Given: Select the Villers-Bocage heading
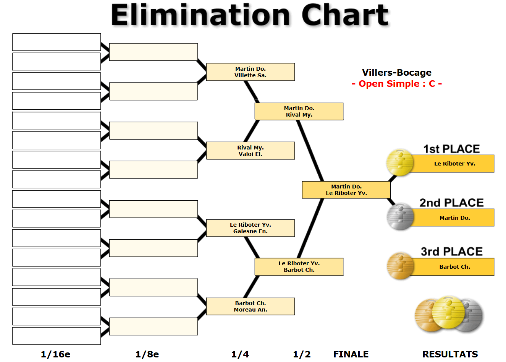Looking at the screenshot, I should coord(397,73).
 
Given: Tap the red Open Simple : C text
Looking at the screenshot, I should coord(397,84).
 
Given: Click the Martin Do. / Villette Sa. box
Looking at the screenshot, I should coord(251,72).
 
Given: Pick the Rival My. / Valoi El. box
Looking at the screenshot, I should coord(251,151).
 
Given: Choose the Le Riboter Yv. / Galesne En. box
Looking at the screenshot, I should coord(251,228).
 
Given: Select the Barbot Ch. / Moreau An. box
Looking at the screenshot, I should coord(251,306).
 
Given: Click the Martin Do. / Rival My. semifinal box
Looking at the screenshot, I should coord(299,111).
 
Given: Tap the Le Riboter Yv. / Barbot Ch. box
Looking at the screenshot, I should coord(299,266).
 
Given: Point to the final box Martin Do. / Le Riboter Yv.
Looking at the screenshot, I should coord(346,190).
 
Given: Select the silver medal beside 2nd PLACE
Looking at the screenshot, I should coord(400,217).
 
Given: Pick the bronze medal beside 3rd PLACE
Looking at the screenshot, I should coord(400,266).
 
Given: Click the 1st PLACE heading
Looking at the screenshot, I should coord(451,149).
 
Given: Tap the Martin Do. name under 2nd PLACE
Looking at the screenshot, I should coord(454,218).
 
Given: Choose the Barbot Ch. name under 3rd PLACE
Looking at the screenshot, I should coord(454,267).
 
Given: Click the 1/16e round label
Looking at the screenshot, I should coord(55,354).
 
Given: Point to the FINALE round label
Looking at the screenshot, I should coord(351,354).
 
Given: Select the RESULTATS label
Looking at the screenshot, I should coord(450,354).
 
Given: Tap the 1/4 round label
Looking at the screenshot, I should coord(240,354).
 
